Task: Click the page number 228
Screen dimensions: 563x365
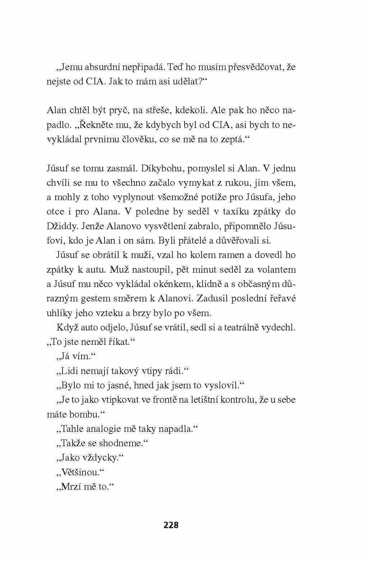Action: pos(171,525)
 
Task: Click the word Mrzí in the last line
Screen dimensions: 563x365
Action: pos(71,486)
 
